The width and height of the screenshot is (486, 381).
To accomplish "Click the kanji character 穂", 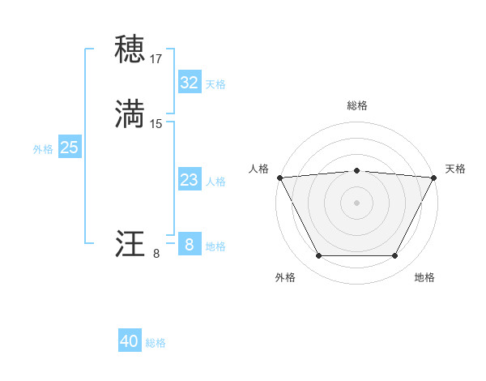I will tap(130, 49).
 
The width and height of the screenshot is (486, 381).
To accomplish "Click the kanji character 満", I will tap(130, 113).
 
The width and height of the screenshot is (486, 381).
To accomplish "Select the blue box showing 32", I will tap(189, 82).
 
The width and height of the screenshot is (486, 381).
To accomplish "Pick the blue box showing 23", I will tap(189, 180).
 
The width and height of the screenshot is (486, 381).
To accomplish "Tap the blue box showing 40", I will tap(130, 341).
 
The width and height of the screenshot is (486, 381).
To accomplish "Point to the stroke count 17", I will tap(156, 59).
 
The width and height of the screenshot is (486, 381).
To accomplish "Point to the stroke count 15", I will tap(156, 124).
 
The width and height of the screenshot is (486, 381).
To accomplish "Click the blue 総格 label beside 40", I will tap(156, 343).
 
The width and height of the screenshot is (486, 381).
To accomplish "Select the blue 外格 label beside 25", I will tap(43, 148).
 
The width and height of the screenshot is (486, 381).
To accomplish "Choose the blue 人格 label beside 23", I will tap(215, 182).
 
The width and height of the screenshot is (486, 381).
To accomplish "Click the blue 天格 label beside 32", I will tap(215, 83).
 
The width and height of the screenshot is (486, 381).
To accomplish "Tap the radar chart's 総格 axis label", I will tap(357, 105).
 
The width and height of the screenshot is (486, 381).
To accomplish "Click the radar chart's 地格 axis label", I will tap(424, 277).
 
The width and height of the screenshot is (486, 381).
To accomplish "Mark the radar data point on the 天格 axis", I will tap(434, 178).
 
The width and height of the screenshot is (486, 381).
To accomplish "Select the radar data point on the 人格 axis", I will tap(279, 178).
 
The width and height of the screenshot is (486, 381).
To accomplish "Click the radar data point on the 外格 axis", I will tap(318, 256).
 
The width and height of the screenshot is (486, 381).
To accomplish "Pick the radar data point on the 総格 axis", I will tap(357, 170).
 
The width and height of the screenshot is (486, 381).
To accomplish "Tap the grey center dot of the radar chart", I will tap(357, 203).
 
